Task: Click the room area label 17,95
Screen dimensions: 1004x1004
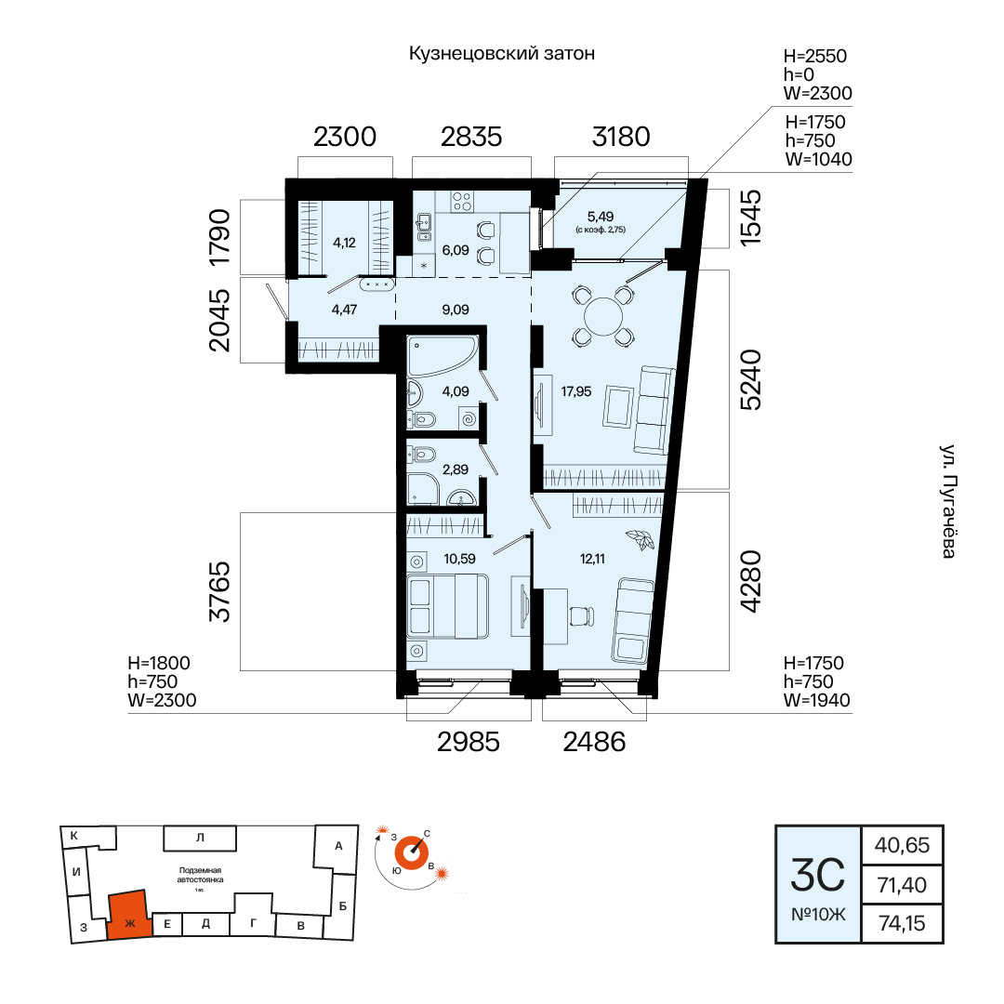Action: point(576,391)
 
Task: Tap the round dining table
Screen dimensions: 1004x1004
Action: point(603,316)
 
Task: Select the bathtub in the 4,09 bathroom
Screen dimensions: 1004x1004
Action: point(443,356)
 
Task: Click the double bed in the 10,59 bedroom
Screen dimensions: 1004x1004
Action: point(447,606)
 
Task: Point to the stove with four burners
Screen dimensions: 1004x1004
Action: point(462,202)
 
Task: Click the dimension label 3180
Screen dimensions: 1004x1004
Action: point(620,137)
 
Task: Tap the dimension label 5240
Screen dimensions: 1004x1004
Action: point(750,379)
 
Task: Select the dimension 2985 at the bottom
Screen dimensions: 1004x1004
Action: point(468,742)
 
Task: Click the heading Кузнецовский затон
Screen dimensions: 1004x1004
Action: point(502,53)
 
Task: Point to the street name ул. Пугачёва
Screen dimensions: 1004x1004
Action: point(948,501)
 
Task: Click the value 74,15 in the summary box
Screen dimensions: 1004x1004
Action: point(902,923)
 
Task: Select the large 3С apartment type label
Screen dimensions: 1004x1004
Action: point(818,876)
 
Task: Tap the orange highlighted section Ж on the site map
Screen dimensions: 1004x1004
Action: point(129,916)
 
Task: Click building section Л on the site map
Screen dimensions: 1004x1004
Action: point(200,838)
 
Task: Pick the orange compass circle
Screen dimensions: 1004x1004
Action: point(411,853)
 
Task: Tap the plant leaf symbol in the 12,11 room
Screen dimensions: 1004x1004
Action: point(641,540)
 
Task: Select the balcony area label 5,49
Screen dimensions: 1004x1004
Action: point(601,217)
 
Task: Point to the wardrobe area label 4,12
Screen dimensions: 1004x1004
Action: point(345,243)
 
